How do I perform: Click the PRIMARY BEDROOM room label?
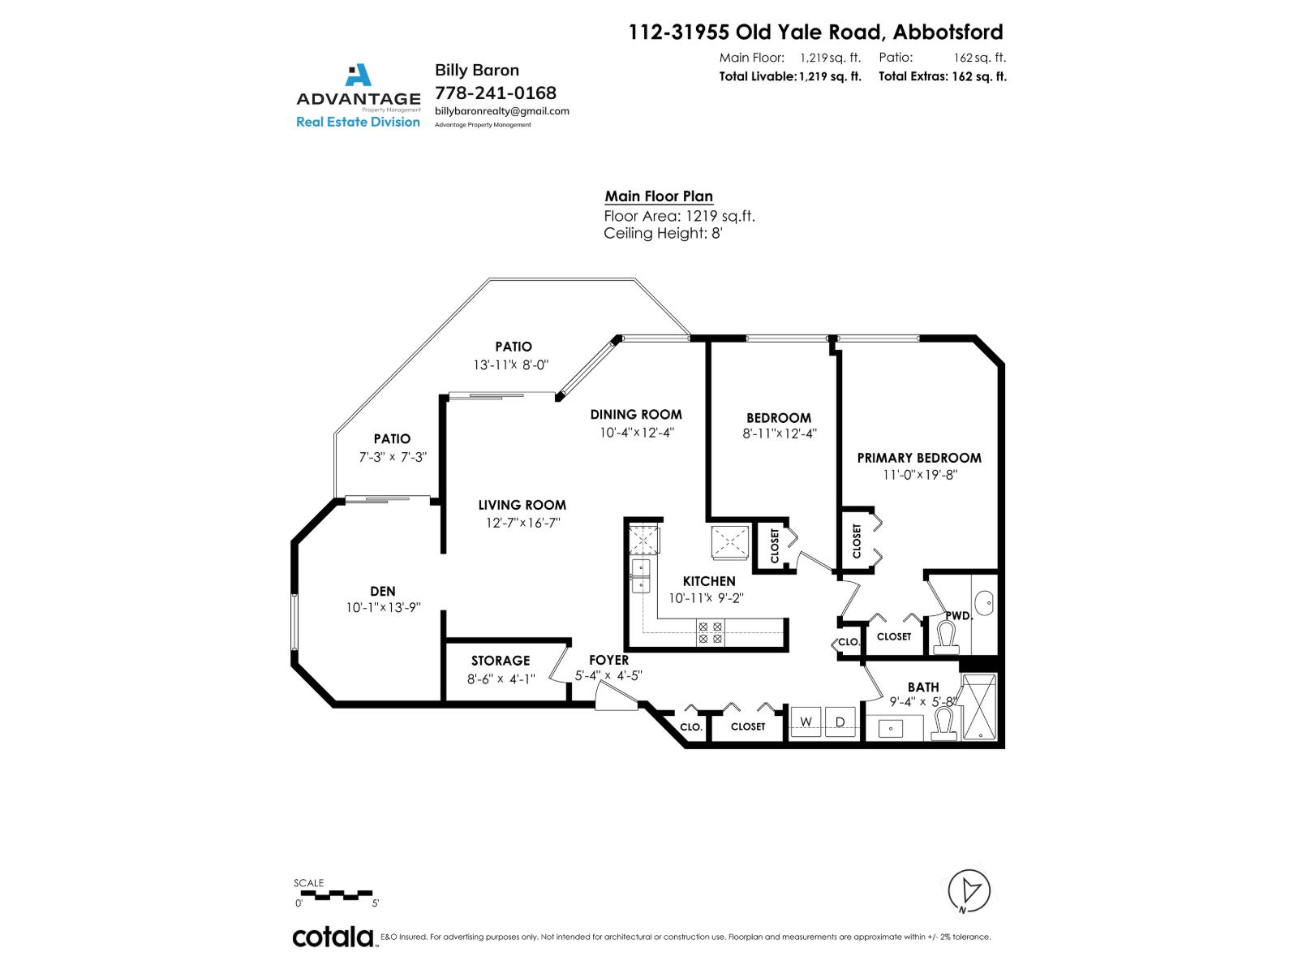(x=919, y=458)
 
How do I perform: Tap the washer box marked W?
(x=806, y=722)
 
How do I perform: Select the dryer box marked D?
(x=840, y=722)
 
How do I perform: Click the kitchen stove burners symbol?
(x=711, y=632)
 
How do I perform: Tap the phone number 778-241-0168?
(x=496, y=93)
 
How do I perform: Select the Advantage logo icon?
(x=358, y=75)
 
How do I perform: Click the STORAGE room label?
(x=501, y=661)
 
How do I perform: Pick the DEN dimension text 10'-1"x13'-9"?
(x=383, y=608)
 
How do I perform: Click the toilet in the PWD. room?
(x=947, y=638)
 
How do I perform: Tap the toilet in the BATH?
(x=943, y=723)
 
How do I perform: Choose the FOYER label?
(x=608, y=660)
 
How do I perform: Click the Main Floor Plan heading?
(x=659, y=196)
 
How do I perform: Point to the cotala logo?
(x=333, y=937)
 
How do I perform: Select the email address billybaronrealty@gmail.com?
(x=502, y=111)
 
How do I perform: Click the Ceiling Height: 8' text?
(x=663, y=234)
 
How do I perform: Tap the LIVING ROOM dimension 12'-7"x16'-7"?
(x=522, y=524)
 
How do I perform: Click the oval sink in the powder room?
(x=984, y=602)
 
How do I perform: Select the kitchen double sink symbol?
(x=641, y=575)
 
